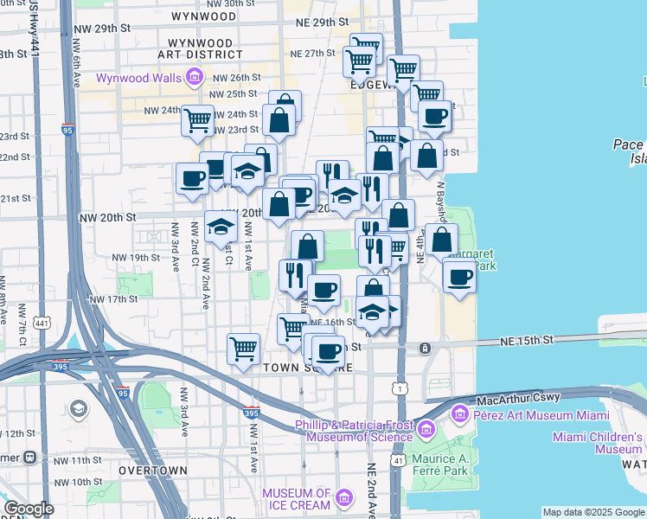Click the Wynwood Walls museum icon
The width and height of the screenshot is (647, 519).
tap(192, 78)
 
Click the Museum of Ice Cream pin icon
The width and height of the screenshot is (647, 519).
tap(343, 498)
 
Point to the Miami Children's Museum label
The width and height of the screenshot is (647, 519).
tap(597, 442)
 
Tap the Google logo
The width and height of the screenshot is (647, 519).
tap(29, 509)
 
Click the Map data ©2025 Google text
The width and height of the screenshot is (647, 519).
tap(593, 512)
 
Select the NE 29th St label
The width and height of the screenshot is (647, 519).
tap(322, 21)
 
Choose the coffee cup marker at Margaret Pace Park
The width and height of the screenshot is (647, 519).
tap(458, 277)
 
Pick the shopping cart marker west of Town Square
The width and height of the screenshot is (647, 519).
tap(244, 348)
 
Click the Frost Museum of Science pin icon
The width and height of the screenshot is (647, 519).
tap(426, 430)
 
